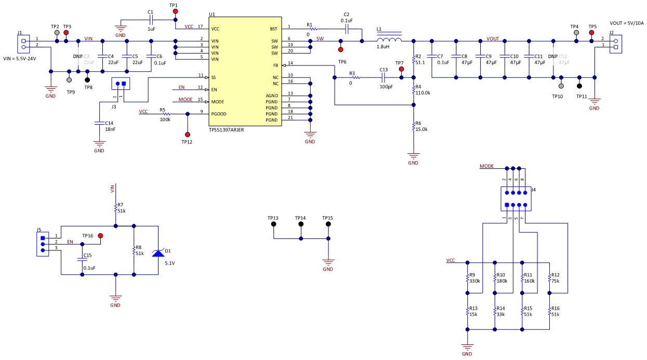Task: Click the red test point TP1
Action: pyautogui.click(x=175, y=11)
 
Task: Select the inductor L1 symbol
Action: pyautogui.click(x=389, y=41)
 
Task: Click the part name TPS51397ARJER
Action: pyautogui.click(x=227, y=130)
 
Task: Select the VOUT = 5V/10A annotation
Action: pyautogui.click(x=627, y=23)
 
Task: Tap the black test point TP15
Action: pyautogui.click(x=328, y=224)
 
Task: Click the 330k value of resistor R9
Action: pyautogui.click(x=474, y=281)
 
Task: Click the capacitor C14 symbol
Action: pyautogui.click(x=99, y=123)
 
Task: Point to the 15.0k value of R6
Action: pyautogui.click(x=421, y=129)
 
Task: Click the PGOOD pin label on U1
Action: pyautogui.click(x=219, y=114)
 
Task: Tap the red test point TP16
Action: pyautogui.click(x=100, y=236)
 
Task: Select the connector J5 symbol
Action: pyautogui.click(x=43, y=244)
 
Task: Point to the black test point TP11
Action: pyautogui.click(x=579, y=86)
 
